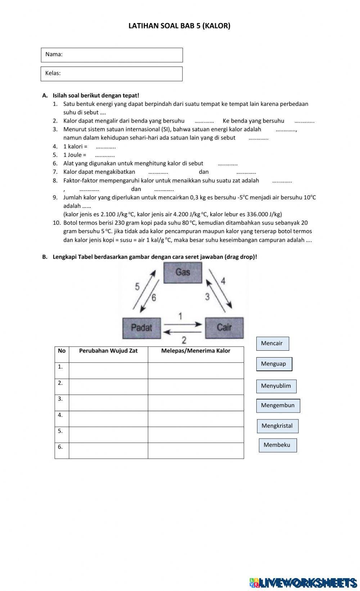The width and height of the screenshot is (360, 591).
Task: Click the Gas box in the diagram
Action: pyautogui.click(x=183, y=272)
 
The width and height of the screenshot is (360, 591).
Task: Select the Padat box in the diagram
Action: pyautogui.click(x=141, y=328)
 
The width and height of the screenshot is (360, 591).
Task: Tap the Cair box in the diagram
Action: pyautogui.click(x=224, y=327)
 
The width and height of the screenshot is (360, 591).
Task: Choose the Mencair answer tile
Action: pyautogui.click(x=272, y=344)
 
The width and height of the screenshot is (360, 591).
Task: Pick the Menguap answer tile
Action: pyautogui.click(x=274, y=364)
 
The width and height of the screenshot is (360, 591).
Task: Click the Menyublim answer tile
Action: pyautogui.click(x=276, y=386)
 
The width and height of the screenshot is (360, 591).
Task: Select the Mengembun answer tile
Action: pyautogui.click(x=278, y=406)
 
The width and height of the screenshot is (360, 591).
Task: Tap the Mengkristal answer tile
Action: pyautogui.click(x=277, y=426)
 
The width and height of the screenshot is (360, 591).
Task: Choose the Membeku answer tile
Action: pyautogui.click(x=277, y=445)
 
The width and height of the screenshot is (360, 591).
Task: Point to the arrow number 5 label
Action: pyautogui.click(x=137, y=287)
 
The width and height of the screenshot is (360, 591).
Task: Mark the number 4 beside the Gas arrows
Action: pyautogui.click(x=223, y=281)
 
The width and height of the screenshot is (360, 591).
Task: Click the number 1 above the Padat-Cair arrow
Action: pyautogui.click(x=180, y=316)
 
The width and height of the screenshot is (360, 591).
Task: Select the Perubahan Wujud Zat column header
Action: pyautogui.click(x=108, y=351)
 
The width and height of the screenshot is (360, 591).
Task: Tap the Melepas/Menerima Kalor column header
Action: pyautogui.click(x=195, y=351)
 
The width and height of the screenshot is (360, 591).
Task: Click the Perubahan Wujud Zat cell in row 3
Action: pyautogui.click(x=108, y=403)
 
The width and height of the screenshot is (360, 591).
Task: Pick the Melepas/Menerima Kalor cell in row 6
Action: pyautogui.click(x=195, y=451)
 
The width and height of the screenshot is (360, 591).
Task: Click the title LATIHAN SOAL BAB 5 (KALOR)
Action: pyautogui.click(x=179, y=26)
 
